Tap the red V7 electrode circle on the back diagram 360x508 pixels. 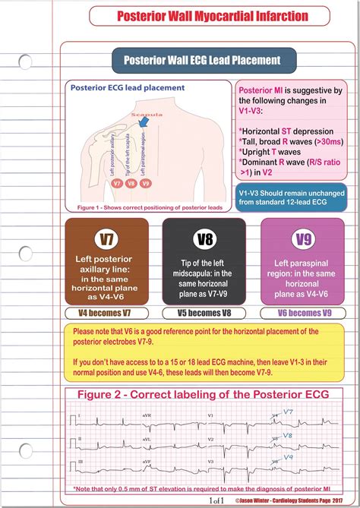pyautogui.click(x=116, y=183)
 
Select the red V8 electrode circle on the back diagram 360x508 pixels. pyautogui.click(x=131, y=183)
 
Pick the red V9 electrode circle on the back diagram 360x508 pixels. pyautogui.click(x=146, y=183)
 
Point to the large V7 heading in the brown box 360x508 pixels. pyautogui.click(x=108, y=241)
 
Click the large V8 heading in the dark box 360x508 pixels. pyautogui.click(x=204, y=241)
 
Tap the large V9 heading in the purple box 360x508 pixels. pyautogui.click(x=303, y=241)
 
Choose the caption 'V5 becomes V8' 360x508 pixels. pyautogui.click(x=204, y=313)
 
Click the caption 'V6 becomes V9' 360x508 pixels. pyautogui.click(x=303, y=313)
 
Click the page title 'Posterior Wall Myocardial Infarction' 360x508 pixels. pyautogui.click(x=201, y=16)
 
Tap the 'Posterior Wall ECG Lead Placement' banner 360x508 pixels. pyautogui.click(x=202, y=60)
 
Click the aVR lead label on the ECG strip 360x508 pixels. pyautogui.click(x=125, y=415)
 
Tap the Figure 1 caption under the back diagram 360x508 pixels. pyautogui.click(x=144, y=206)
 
